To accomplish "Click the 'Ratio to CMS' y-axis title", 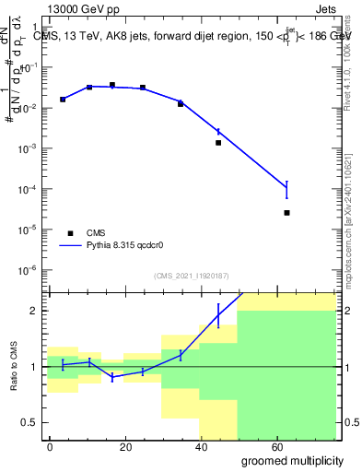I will tap(13, 367).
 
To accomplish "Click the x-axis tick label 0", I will tap(50, 446).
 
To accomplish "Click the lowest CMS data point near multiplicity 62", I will tap(287, 213).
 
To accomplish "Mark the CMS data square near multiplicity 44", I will tap(218, 143).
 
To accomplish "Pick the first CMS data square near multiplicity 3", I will tap(63, 100).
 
